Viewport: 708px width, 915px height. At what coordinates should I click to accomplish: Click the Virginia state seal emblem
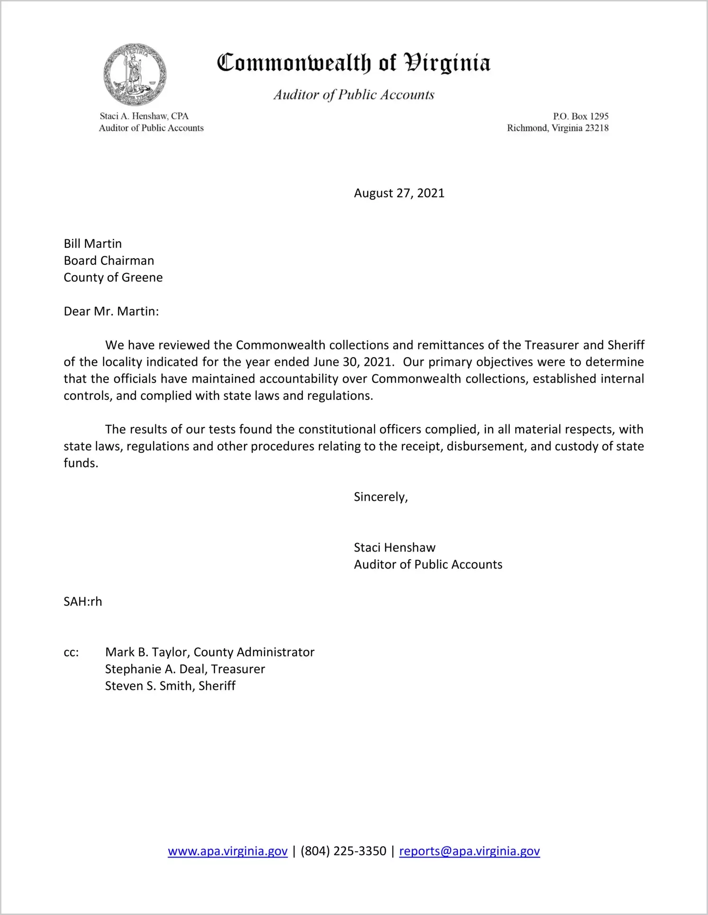135,75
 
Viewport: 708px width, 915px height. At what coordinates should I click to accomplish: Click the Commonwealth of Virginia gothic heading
354,63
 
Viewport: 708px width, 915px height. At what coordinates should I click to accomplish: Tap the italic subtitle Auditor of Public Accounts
354,95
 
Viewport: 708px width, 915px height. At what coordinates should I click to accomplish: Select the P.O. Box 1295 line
581,116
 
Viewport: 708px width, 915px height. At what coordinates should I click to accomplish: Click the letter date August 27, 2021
399,193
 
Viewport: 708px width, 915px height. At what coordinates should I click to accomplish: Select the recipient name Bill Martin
93,244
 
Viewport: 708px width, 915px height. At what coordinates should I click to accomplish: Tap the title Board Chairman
109,261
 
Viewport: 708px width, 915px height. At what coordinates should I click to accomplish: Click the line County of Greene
113,278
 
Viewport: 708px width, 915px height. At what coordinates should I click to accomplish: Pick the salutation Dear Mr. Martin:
111,311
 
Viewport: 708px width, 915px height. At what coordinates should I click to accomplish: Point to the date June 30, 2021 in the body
353,362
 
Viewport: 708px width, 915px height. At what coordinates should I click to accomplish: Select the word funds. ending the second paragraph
81,463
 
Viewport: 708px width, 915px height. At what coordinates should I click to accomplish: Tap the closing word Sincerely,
381,497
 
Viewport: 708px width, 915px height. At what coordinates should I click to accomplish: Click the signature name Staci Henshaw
394,548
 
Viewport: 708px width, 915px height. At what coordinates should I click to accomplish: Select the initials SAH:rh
83,602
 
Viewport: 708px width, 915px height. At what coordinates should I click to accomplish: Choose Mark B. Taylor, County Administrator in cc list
209,652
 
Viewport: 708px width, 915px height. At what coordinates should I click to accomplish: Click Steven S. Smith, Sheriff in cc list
170,686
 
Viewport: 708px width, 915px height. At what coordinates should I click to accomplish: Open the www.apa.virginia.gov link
227,851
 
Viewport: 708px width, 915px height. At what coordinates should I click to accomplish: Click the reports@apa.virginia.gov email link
469,851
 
